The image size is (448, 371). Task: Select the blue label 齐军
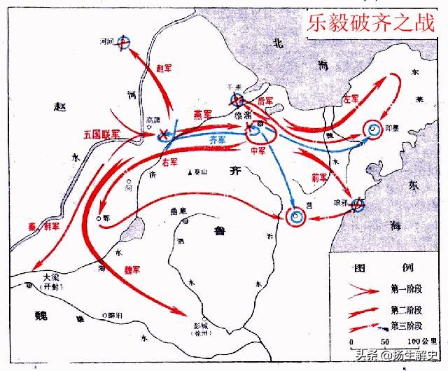pos(218,140)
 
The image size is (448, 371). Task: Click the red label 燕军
pos(204,113)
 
